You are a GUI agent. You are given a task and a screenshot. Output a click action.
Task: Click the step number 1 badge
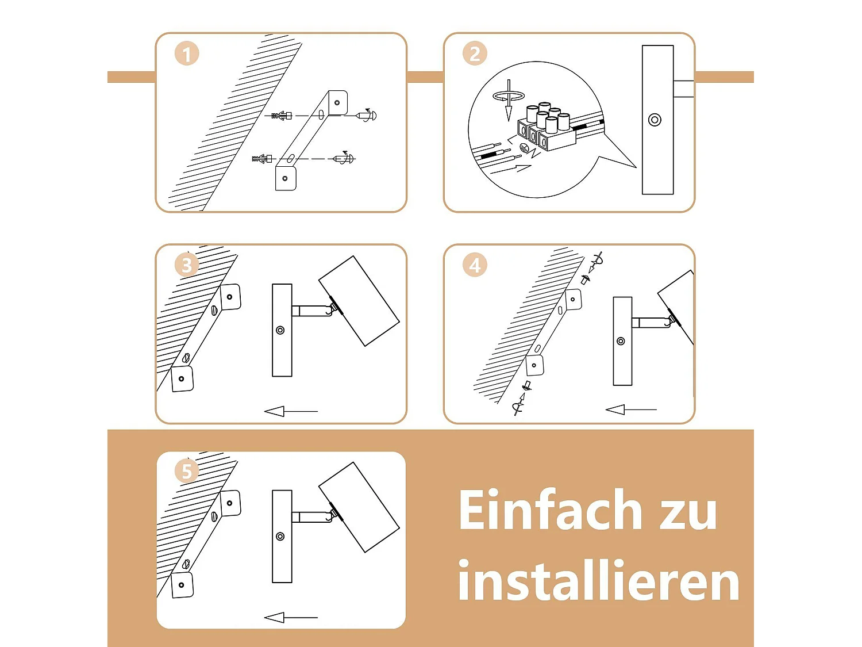point(186,54)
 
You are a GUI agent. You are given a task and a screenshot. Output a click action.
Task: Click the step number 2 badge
point(475,53)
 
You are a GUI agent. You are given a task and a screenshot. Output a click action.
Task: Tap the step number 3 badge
point(186,265)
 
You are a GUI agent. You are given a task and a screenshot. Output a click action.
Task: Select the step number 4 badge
point(475,265)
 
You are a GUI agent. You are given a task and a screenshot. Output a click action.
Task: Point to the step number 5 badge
point(186,471)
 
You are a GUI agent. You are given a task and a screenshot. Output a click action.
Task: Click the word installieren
point(598,581)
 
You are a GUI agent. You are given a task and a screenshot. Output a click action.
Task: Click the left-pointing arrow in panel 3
point(290,411)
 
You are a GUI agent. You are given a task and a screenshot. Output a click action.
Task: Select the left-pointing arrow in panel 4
point(630,409)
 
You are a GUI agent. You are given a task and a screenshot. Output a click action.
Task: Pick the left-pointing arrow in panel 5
point(290,617)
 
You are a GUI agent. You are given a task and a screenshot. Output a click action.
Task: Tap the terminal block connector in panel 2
point(546,128)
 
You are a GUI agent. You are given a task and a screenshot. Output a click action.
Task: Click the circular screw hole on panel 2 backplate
point(655,120)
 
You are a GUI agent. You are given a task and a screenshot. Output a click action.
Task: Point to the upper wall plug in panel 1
point(282,116)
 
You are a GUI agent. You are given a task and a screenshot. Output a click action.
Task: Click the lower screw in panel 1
point(344,158)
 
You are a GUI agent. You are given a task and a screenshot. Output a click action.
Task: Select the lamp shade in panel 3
point(359,301)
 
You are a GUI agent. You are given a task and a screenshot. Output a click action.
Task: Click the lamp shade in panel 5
point(359,507)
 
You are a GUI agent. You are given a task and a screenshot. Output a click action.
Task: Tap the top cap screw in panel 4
point(586,280)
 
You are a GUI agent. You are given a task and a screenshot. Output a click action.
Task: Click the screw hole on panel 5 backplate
point(280,537)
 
